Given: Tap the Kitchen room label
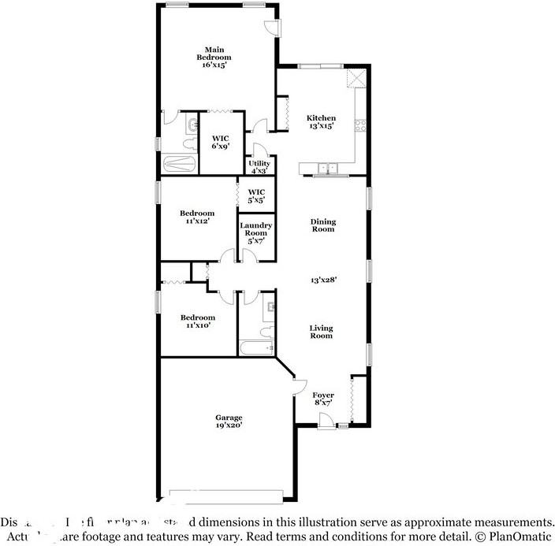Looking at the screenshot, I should (321, 121).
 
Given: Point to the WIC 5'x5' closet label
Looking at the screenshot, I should (256, 196).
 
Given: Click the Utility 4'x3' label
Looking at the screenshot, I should (259, 166).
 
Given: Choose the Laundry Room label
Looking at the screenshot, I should (256, 232).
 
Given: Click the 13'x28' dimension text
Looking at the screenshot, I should (323, 280).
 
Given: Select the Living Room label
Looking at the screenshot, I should (321, 332).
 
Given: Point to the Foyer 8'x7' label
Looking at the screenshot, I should (323, 399).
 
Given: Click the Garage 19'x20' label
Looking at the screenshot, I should (229, 422).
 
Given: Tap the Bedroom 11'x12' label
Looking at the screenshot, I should (196, 217).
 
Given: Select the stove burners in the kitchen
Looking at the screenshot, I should (361, 124).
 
